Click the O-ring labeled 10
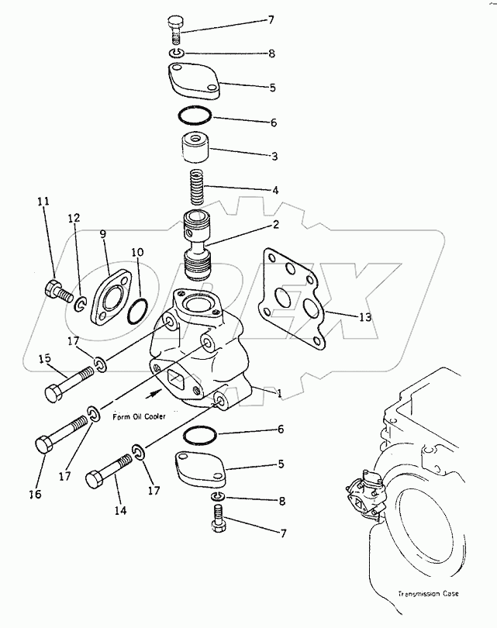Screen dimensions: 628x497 (135, 313)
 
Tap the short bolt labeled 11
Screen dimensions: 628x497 (57, 292)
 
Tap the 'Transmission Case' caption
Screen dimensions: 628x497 (427, 594)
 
